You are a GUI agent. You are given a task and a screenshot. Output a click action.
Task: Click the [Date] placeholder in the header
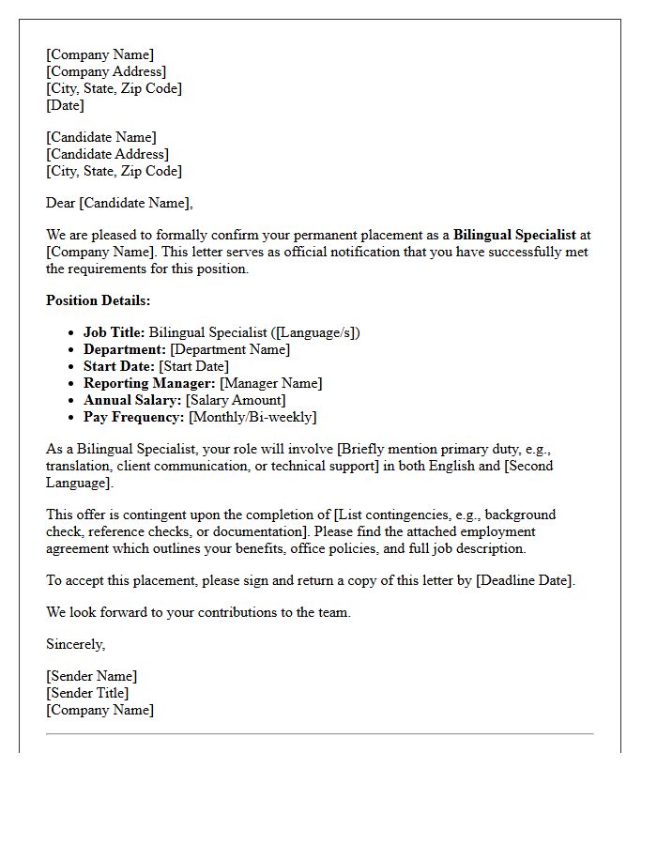point(65,105)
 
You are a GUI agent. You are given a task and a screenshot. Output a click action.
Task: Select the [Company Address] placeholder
point(106,71)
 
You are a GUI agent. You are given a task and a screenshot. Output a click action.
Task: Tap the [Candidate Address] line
point(108,154)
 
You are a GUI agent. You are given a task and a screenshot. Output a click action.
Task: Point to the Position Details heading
point(98,300)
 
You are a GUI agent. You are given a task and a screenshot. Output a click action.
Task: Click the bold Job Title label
point(114,332)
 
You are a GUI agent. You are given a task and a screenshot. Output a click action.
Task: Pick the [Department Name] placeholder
point(230,349)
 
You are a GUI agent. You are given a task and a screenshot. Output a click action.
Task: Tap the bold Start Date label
point(119,366)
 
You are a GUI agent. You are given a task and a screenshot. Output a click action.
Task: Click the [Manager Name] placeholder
point(270,383)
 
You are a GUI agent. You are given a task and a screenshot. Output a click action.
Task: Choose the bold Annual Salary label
point(132,400)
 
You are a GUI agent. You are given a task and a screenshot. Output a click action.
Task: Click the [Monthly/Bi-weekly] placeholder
point(252,417)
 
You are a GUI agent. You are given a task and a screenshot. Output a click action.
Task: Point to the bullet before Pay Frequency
point(72,417)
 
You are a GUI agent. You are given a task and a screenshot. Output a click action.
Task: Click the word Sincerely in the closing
point(75,644)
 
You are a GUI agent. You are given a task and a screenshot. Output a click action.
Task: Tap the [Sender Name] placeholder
point(91,676)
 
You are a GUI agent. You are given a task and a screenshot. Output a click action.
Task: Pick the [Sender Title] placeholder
point(87,693)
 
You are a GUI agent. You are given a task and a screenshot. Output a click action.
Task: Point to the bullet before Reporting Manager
point(72,383)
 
